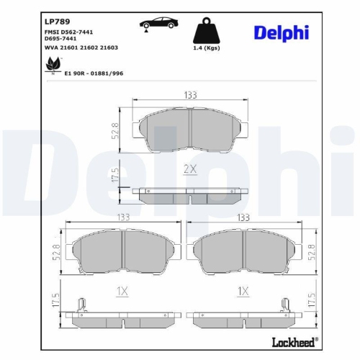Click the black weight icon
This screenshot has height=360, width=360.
click(x=207, y=31)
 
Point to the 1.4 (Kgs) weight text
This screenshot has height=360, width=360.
click(x=207, y=49)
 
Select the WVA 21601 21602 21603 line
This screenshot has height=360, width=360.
click(x=76, y=48)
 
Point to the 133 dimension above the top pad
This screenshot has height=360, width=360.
click(x=190, y=95)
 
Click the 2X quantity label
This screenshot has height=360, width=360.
click(x=190, y=169)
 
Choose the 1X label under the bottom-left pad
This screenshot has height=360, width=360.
click(x=121, y=292)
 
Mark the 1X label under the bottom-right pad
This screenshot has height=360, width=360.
click(x=243, y=292)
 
